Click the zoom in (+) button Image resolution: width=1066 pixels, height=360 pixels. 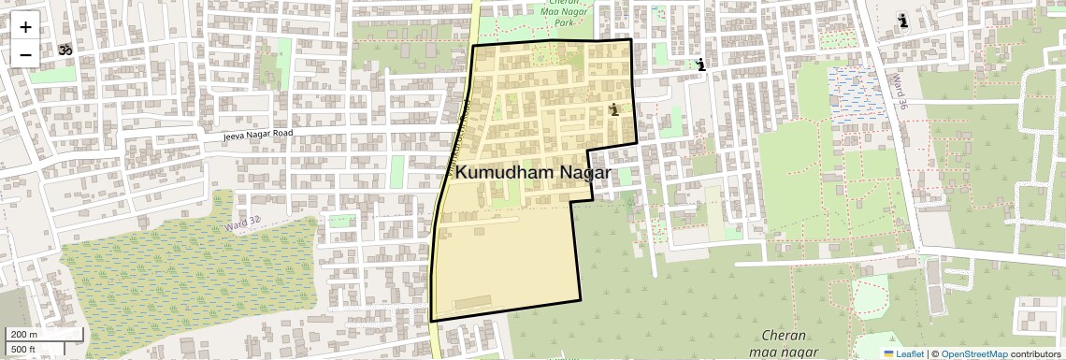pyautogui.click(x=25, y=27)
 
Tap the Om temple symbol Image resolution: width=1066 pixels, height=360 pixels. pyautogui.click(x=65, y=49)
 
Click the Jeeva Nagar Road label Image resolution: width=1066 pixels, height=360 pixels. pyautogui.click(x=257, y=135)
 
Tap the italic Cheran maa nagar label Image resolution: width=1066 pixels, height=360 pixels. pyautogui.click(x=783, y=343)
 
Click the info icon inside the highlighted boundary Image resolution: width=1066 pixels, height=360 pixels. pyautogui.click(x=614, y=109)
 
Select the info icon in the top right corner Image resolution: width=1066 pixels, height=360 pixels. pyautogui.click(x=902, y=21)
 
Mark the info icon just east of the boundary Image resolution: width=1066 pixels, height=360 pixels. pyautogui.click(x=701, y=65)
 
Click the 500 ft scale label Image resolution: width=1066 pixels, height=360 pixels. pyautogui.click(x=24, y=350)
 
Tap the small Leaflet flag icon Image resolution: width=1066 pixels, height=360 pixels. pyautogui.click(x=888, y=353)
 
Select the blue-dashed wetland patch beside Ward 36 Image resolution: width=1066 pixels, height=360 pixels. pyautogui.click(x=857, y=94)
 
